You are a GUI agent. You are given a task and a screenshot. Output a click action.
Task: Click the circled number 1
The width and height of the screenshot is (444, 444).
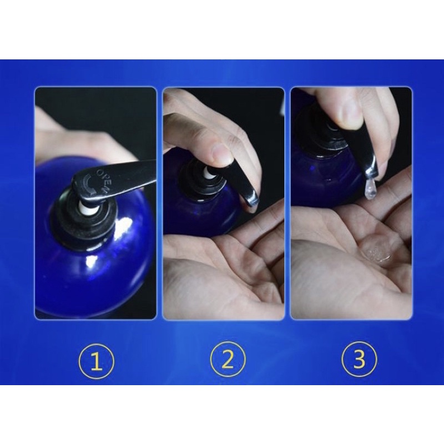point(96,361)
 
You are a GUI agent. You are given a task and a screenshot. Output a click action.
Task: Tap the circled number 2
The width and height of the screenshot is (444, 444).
point(228,360)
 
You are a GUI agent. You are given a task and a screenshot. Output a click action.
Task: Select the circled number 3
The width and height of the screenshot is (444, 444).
point(359,359)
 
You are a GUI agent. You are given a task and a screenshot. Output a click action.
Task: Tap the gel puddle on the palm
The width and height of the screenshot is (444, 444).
point(379,254)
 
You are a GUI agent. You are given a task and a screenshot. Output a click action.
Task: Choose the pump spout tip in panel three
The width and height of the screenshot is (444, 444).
point(370,173)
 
